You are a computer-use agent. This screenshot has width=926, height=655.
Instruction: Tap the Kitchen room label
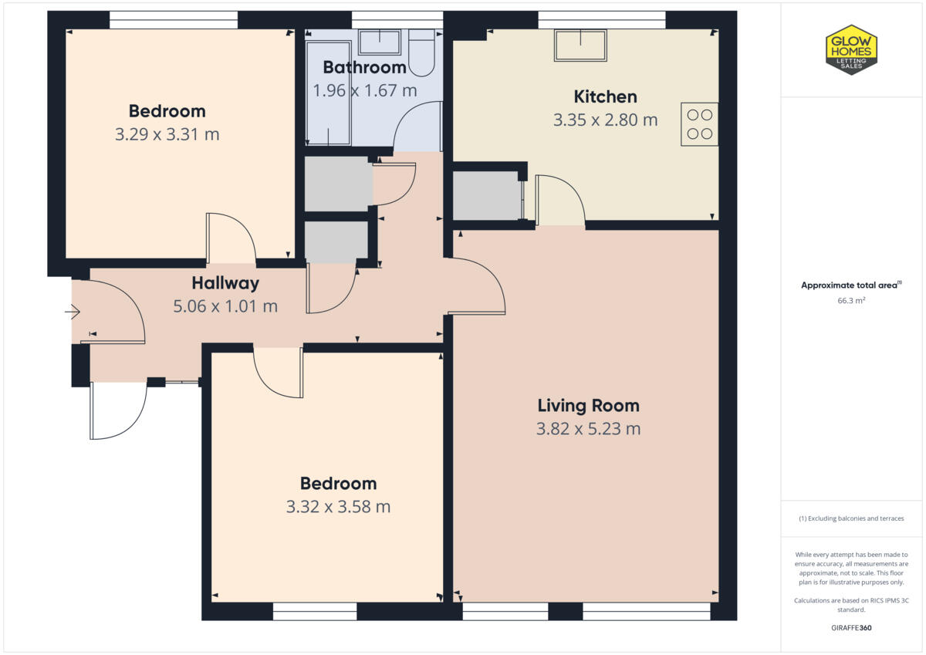(x=605, y=96)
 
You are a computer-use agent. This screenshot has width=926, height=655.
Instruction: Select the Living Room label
(x=588, y=405)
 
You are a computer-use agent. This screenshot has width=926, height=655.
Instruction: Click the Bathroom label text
(x=364, y=67)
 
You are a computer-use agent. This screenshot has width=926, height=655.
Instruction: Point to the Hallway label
(x=225, y=283)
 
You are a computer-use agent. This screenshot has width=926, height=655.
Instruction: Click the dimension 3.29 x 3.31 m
(x=167, y=134)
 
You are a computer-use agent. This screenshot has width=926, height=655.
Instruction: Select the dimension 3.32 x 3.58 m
(x=338, y=507)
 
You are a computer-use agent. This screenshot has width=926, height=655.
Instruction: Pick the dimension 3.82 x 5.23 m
(x=588, y=429)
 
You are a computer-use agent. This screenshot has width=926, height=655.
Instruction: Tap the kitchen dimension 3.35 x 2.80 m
(x=605, y=120)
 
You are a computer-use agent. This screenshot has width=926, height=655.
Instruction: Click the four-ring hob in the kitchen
(x=699, y=124)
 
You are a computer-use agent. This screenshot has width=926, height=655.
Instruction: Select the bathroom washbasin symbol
(x=379, y=42)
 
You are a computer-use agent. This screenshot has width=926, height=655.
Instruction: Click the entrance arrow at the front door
(x=73, y=312)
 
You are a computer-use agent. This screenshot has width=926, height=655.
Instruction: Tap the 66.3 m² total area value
(x=851, y=301)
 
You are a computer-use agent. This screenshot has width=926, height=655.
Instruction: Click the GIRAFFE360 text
(x=851, y=628)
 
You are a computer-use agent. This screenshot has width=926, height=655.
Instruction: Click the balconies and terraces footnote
(x=851, y=518)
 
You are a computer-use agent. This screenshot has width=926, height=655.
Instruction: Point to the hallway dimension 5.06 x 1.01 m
(x=225, y=306)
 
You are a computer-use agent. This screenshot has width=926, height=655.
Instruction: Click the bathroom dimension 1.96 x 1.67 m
(x=364, y=90)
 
